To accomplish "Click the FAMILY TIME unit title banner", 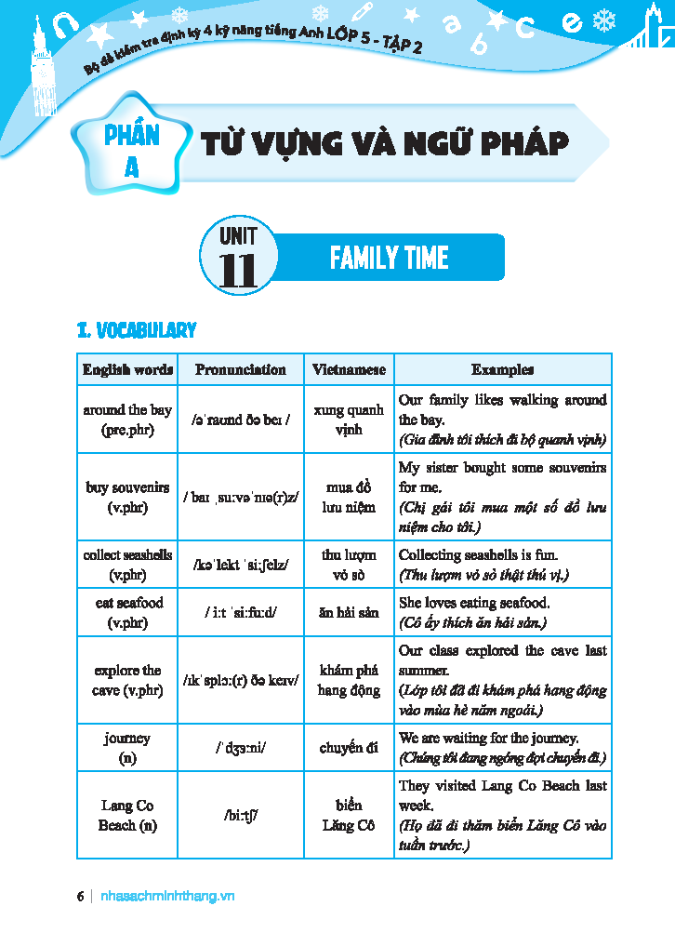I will coord(390,258).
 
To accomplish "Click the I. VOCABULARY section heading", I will coord(137,330).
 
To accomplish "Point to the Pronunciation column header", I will coord(241,369).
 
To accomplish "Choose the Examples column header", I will coord(502,369).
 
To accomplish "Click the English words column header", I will coord(127,369).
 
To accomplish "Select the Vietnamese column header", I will coord(349,369).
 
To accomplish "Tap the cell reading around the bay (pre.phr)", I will coord(127,420).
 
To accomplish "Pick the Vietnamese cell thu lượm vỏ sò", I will coord(349,565).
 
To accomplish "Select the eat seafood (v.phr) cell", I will coord(128,612).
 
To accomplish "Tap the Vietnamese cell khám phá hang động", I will coord(349,680).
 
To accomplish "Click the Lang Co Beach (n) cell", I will coord(127,815).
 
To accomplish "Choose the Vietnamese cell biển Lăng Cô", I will coord(349,815).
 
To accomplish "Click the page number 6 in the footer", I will coord(81,896).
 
